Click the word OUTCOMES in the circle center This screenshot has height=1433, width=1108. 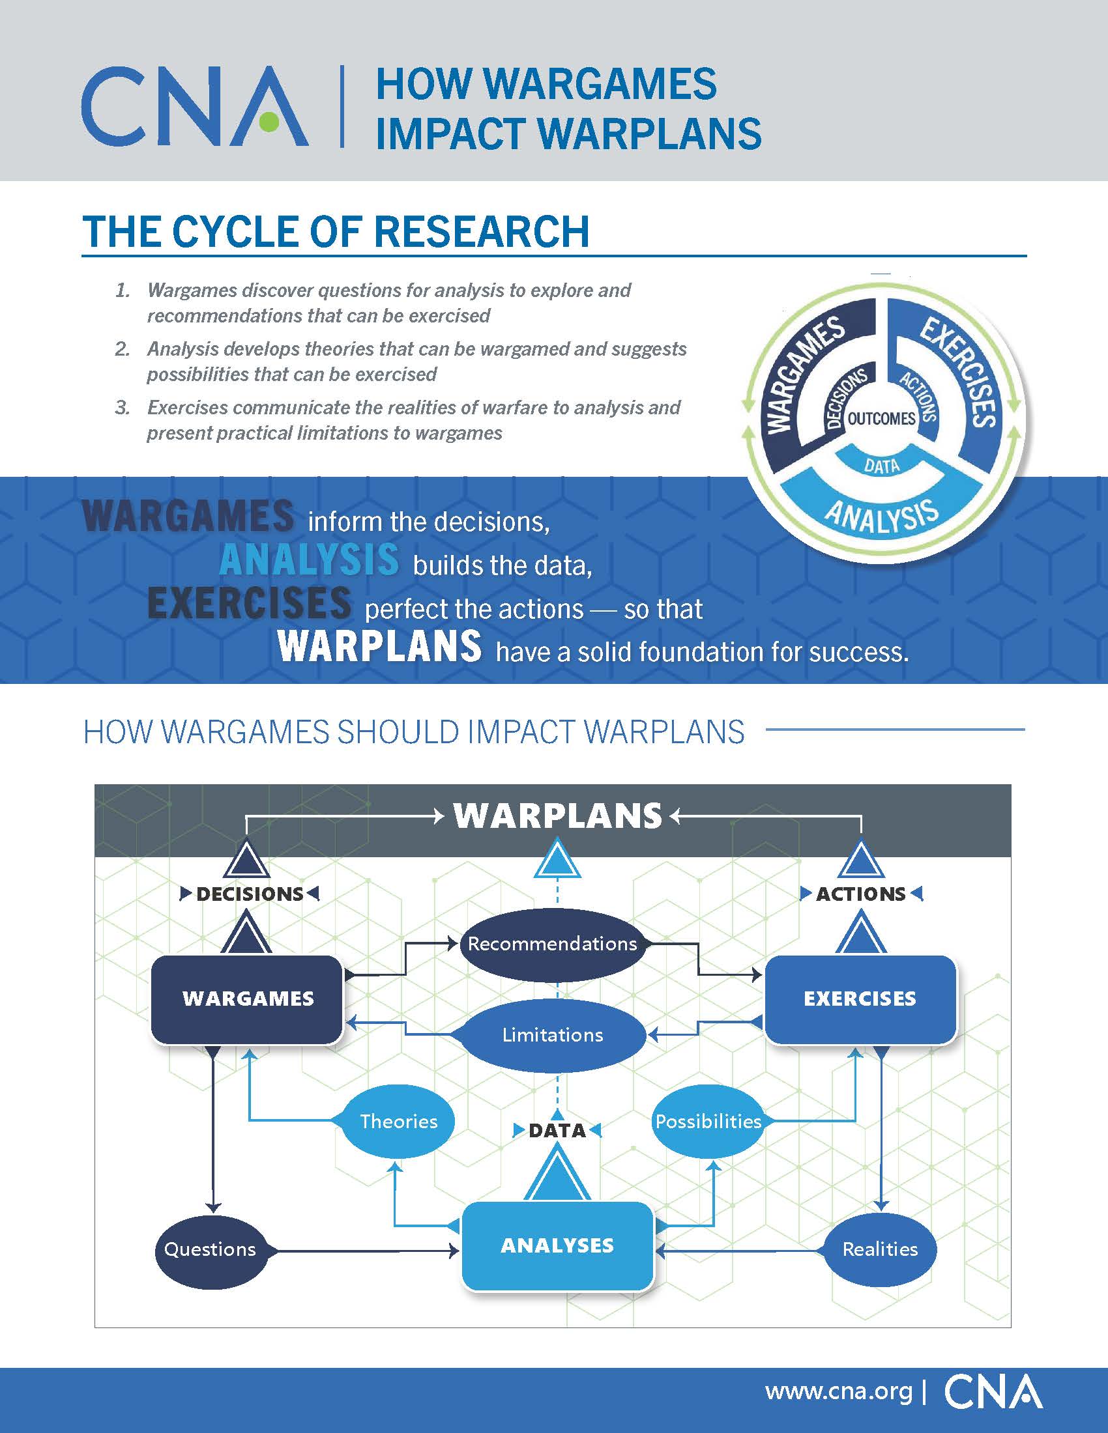click(881, 419)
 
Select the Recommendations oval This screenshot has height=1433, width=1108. click(552, 944)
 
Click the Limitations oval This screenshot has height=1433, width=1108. click(552, 1036)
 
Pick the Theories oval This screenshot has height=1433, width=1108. click(398, 1122)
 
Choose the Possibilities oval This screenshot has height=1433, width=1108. click(708, 1122)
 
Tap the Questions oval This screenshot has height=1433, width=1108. click(210, 1249)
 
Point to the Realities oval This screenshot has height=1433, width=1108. click(880, 1249)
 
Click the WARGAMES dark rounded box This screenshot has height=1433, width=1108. click(248, 999)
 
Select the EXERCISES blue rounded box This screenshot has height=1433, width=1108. click(860, 999)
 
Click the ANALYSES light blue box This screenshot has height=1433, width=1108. click(557, 1245)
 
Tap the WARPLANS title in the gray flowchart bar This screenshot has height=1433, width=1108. click(557, 816)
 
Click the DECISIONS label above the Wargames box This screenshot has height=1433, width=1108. click(250, 894)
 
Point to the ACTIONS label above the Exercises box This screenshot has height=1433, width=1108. click(860, 894)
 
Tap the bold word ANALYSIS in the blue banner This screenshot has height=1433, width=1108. click(308, 560)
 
